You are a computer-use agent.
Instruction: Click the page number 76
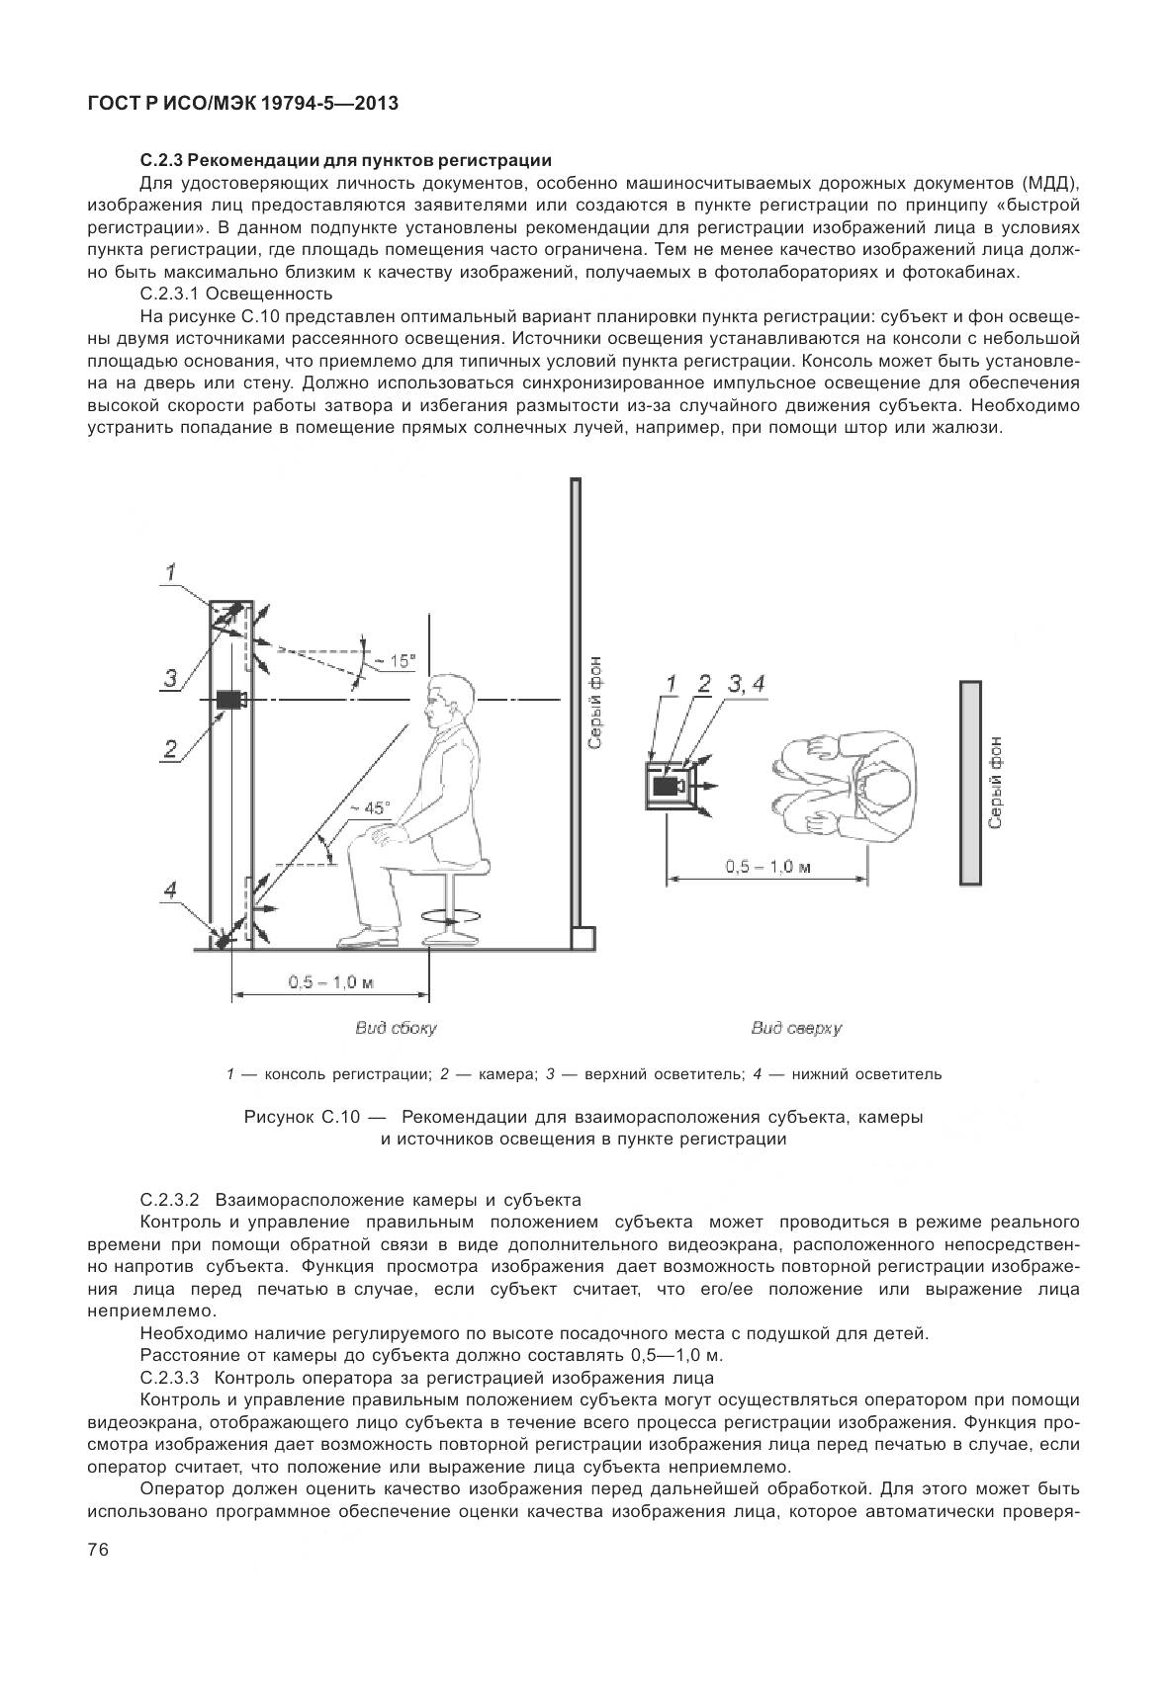pyautogui.click(x=97, y=1550)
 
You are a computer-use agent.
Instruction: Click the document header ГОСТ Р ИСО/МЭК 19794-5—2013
pyautogui.click(x=242, y=103)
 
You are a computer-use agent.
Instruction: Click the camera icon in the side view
pyautogui.click(x=231, y=700)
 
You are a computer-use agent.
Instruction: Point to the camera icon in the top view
pyautogui.click(x=668, y=786)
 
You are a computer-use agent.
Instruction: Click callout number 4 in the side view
pyautogui.click(x=170, y=889)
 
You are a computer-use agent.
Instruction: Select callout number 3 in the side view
pyautogui.click(x=170, y=677)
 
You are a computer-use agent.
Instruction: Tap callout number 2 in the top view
pyautogui.click(x=704, y=683)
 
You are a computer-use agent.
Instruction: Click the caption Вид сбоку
pyautogui.click(x=396, y=1028)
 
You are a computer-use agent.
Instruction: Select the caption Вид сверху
pyautogui.click(x=795, y=1028)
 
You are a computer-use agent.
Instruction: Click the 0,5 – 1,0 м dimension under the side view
pyautogui.click(x=330, y=982)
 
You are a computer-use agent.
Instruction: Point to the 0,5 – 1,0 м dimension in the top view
pyautogui.click(x=767, y=867)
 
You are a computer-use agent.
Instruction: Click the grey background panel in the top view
pyautogui.click(x=969, y=781)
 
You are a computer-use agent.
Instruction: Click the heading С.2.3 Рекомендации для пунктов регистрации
pyautogui.click(x=345, y=159)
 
